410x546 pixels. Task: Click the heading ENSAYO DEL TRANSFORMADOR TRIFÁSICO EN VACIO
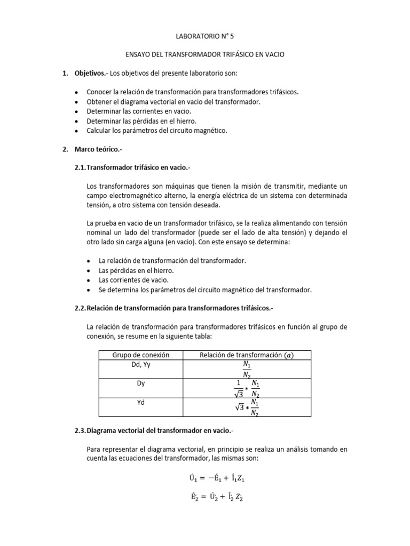pos(204,55)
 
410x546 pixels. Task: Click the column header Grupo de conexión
pos(141,355)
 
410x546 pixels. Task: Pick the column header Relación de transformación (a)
pos(246,355)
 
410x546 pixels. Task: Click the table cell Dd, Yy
pos(141,365)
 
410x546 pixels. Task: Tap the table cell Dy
pos(141,383)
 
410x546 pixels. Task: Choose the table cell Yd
pos(141,402)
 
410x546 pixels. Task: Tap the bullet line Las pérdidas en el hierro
pos(137,270)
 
